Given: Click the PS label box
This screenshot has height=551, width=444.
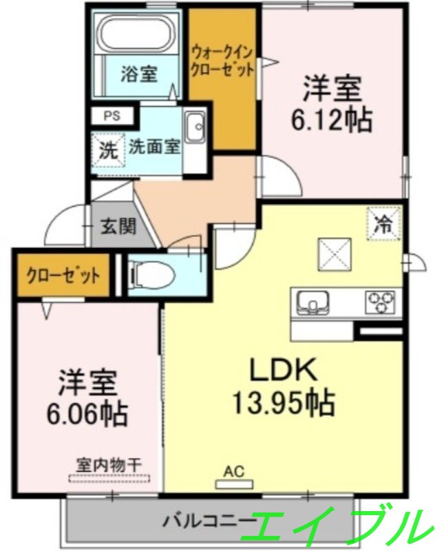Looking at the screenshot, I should click(x=112, y=116).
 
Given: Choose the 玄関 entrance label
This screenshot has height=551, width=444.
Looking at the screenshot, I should click(x=119, y=227).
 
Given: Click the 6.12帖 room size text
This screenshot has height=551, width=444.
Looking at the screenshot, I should click(x=331, y=105).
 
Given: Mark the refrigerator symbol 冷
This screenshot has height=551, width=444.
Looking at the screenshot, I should click(x=382, y=222).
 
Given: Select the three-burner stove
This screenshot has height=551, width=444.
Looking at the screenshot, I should click(x=381, y=302).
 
